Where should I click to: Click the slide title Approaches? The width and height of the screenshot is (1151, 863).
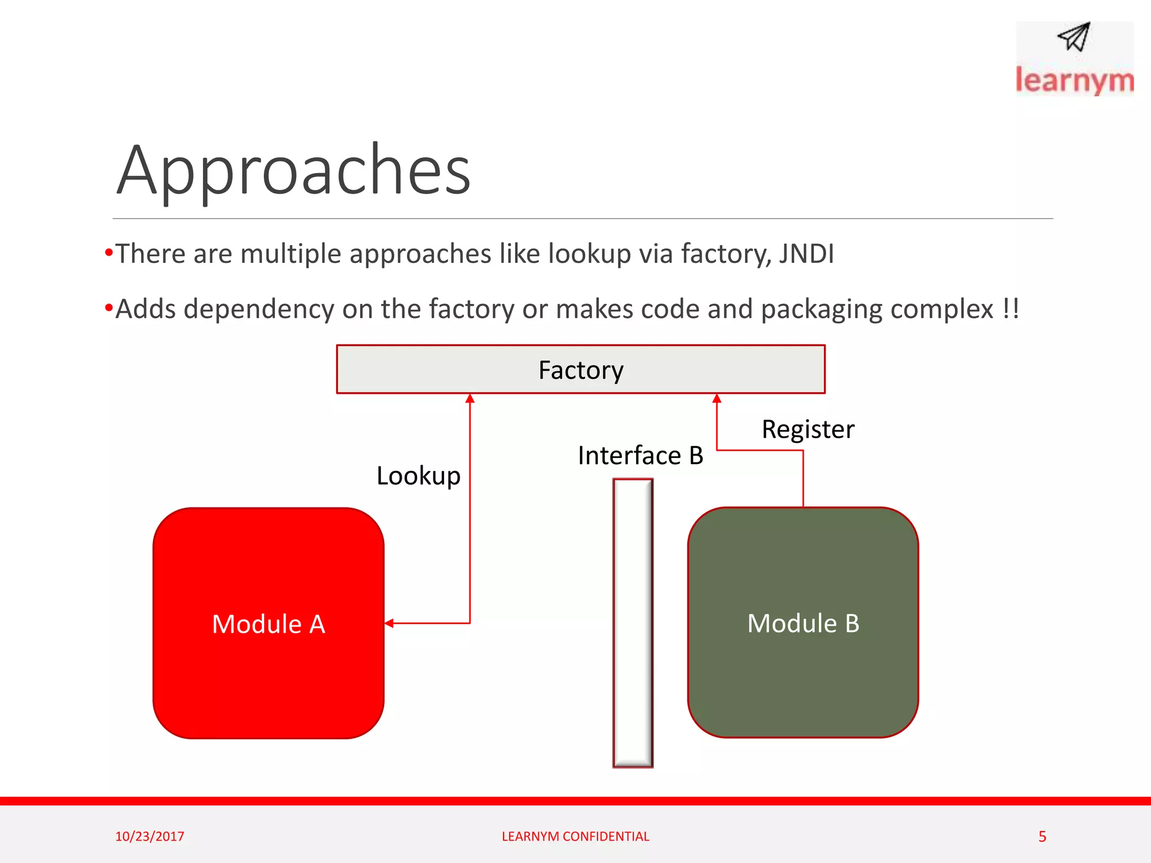pos(293,170)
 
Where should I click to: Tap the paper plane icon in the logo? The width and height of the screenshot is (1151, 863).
pos(1074,37)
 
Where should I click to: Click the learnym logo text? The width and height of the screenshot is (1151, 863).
pos(1074,80)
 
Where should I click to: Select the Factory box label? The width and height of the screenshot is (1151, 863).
pos(581,370)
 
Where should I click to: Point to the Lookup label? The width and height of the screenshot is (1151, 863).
pos(418,476)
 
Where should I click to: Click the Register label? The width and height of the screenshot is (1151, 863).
pos(808,429)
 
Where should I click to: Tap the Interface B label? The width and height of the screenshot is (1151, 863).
pos(640,456)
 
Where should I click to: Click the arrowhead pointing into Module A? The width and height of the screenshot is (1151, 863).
pos(389,623)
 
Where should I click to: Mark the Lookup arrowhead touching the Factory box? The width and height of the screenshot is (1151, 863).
pos(470,398)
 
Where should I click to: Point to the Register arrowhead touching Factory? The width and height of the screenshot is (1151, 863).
pos(717,398)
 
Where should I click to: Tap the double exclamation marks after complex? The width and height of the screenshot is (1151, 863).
pos(1010,308)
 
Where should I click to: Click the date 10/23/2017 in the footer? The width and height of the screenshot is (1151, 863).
pos(149,836)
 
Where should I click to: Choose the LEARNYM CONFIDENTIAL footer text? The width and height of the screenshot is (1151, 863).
pos(575,836)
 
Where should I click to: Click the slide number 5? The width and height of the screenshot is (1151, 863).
pos(1042,837)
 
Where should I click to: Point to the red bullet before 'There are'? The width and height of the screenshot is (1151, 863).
pos(108,252)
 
